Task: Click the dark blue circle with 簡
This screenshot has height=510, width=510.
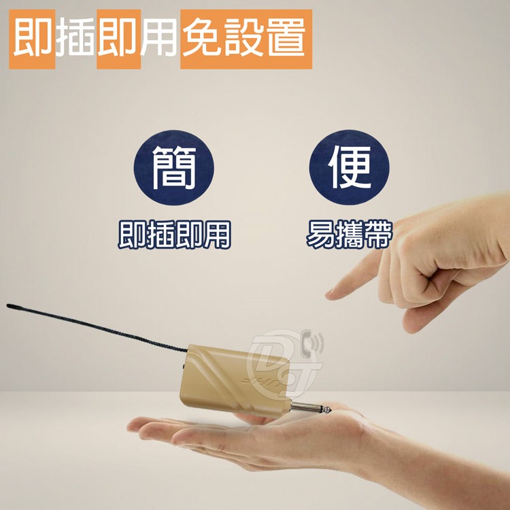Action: [174, 167]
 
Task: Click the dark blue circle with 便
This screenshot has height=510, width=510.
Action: [350, 167]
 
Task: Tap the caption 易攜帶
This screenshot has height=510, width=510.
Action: [350, 235]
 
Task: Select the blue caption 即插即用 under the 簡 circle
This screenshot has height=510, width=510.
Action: [174, 235]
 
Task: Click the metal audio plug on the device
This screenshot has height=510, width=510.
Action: [311, 408]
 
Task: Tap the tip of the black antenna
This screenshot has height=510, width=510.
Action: [8, 305]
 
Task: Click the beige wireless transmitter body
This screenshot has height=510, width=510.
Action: [235, 381]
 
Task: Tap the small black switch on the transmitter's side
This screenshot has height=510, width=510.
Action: [184, 367]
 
